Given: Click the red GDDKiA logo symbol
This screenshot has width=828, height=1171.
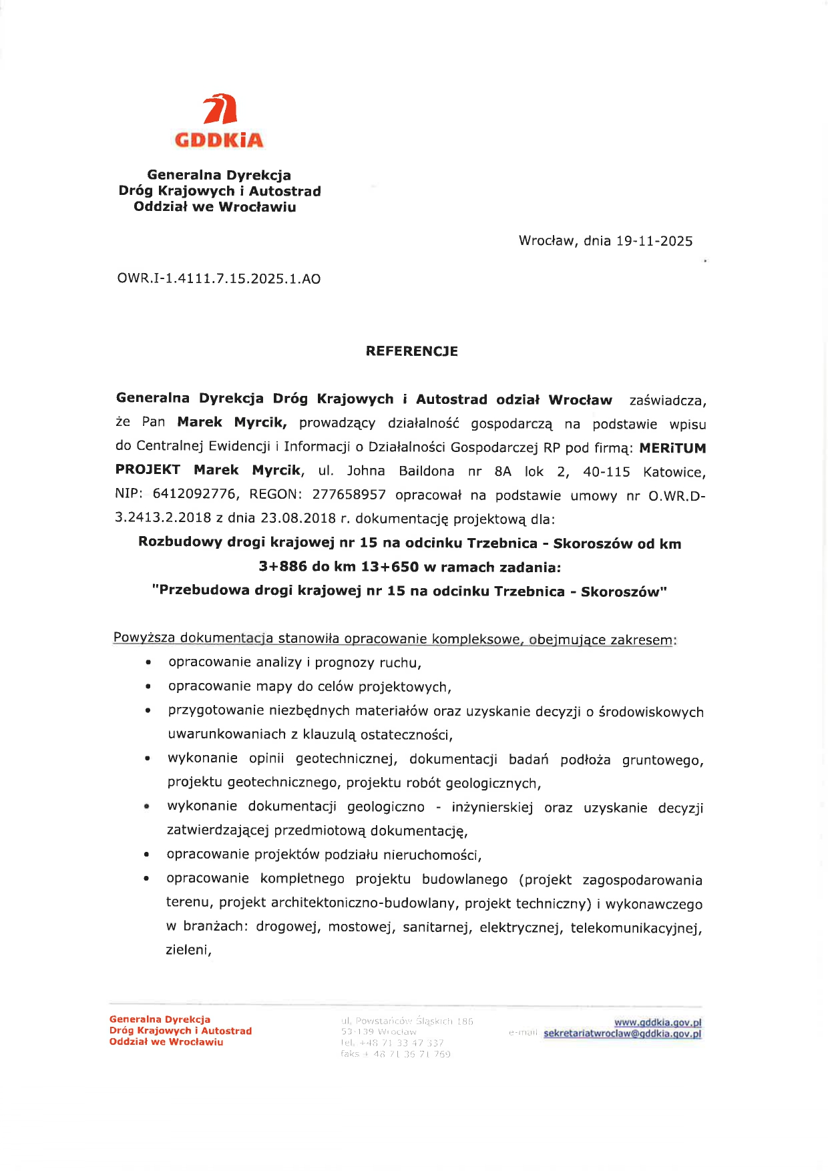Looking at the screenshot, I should coord(220,109).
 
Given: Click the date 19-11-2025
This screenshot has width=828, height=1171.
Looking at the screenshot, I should coord(654,241).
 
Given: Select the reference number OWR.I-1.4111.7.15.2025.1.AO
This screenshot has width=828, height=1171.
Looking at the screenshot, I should coord(218,279).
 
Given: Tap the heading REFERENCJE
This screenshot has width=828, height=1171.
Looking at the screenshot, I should coord(411,351).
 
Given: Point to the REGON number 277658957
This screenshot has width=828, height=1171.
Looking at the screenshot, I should coord(349,495).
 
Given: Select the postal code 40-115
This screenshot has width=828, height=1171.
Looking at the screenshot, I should coord(606,472).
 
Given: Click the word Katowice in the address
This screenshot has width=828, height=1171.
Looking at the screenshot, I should coord(674,472).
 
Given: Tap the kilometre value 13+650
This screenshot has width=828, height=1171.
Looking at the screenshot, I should coord(390,567).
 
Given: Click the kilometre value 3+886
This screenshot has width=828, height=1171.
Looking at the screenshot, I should coord(282,567).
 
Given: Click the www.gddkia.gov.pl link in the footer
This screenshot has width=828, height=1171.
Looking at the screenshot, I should coord(657,1022).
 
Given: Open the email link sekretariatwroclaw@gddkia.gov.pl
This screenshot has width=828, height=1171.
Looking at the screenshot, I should coord(622,1033).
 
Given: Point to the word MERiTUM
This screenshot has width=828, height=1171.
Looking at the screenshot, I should coord(672,448).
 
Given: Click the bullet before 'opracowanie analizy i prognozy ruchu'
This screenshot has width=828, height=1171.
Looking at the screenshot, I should coord(148,664).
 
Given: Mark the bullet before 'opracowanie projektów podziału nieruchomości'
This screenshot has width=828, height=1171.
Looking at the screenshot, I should coord(146,855).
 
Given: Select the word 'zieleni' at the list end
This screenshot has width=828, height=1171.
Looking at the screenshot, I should coord(188,950).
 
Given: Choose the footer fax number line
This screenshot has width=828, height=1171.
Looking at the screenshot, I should coord(395,1054).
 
